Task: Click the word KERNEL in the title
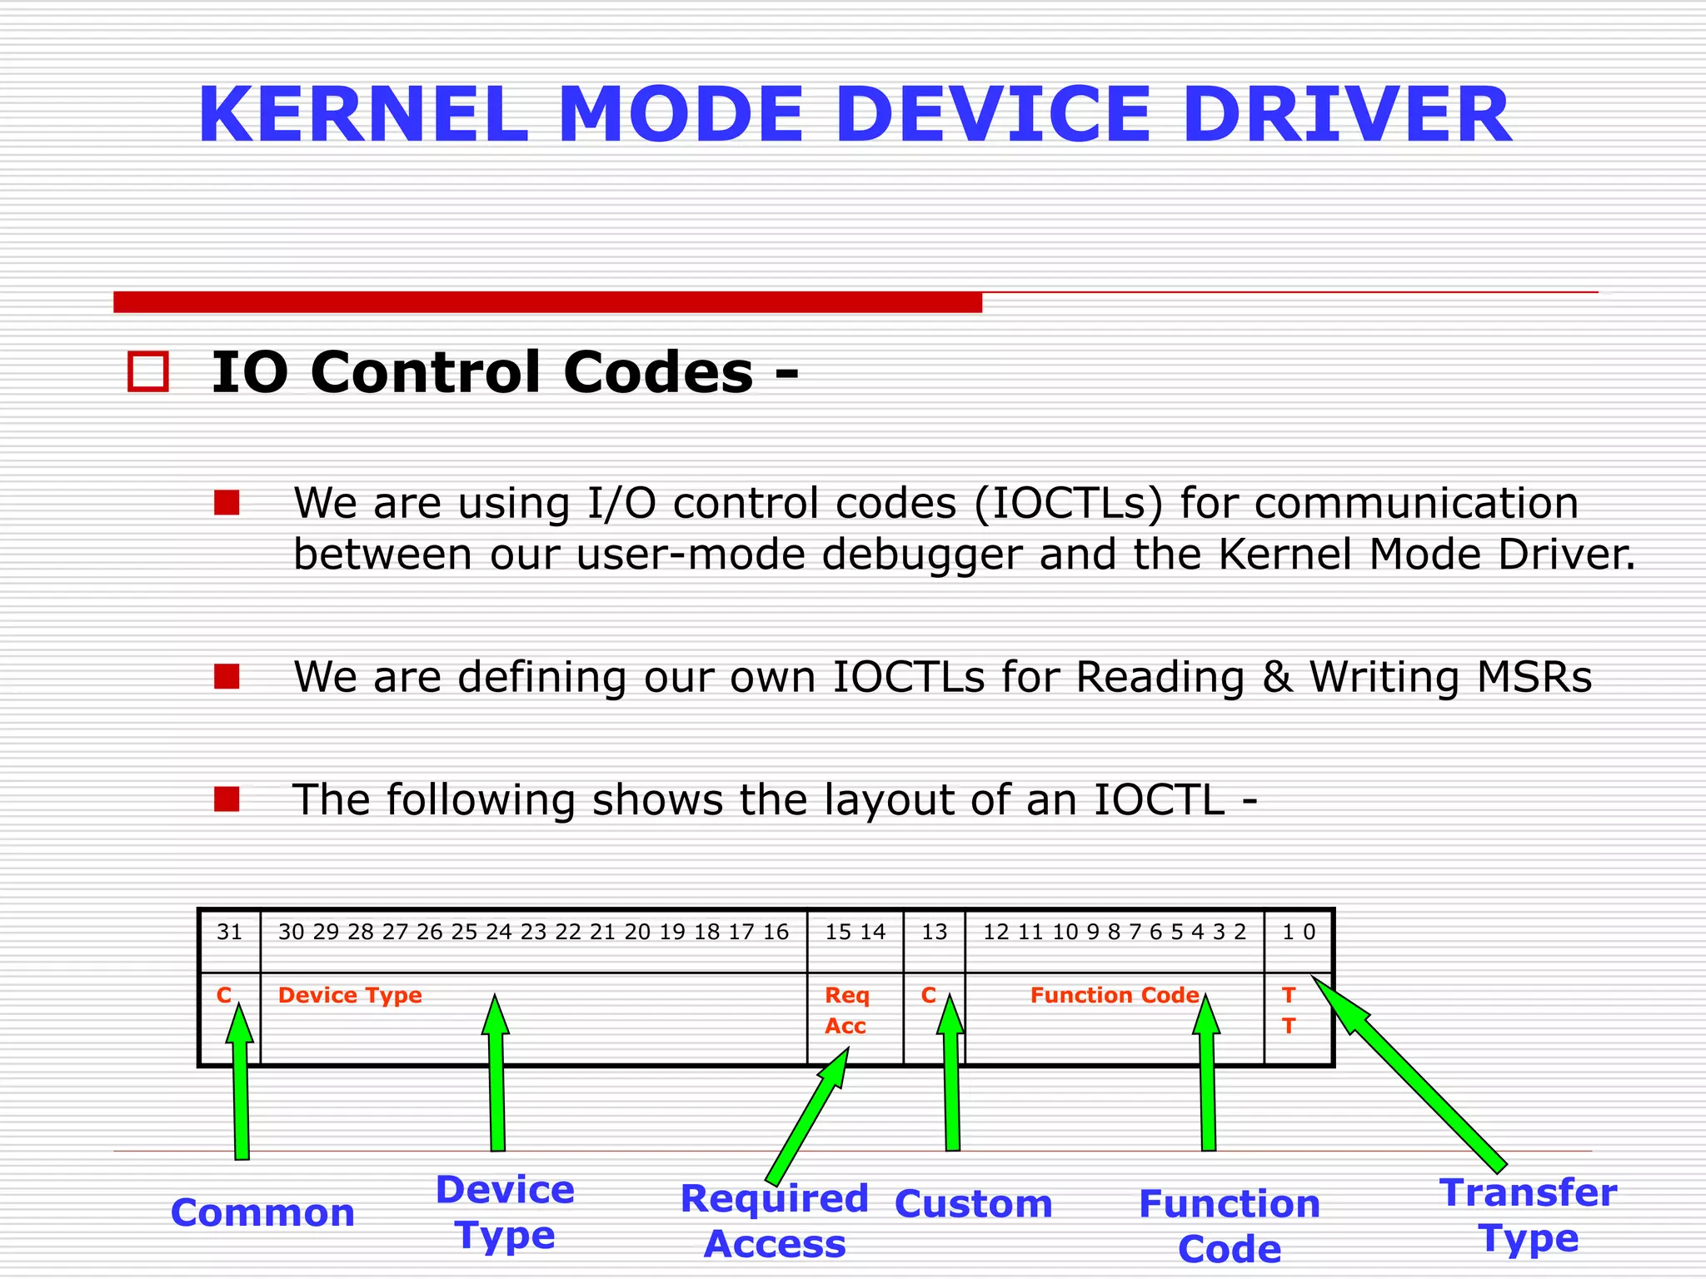click(363, 115)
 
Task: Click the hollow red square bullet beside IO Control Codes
click(148, 371)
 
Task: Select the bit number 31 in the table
click(229, 932)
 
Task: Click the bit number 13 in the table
click(934, 932)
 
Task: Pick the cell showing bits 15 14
click(855, 932)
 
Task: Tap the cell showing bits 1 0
click(1298, 932)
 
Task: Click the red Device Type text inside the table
click(350, 995)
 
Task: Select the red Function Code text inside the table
click(1114, 995)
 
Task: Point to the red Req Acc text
click(846, 1010)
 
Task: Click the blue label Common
click(262, 1212)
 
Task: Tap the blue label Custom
click(973, 1204)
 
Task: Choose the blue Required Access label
click(775, 1221)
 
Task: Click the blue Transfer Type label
click(1529, 1215)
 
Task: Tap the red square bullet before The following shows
click(227, 799)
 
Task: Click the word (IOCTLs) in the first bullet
click(1067, 504)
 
